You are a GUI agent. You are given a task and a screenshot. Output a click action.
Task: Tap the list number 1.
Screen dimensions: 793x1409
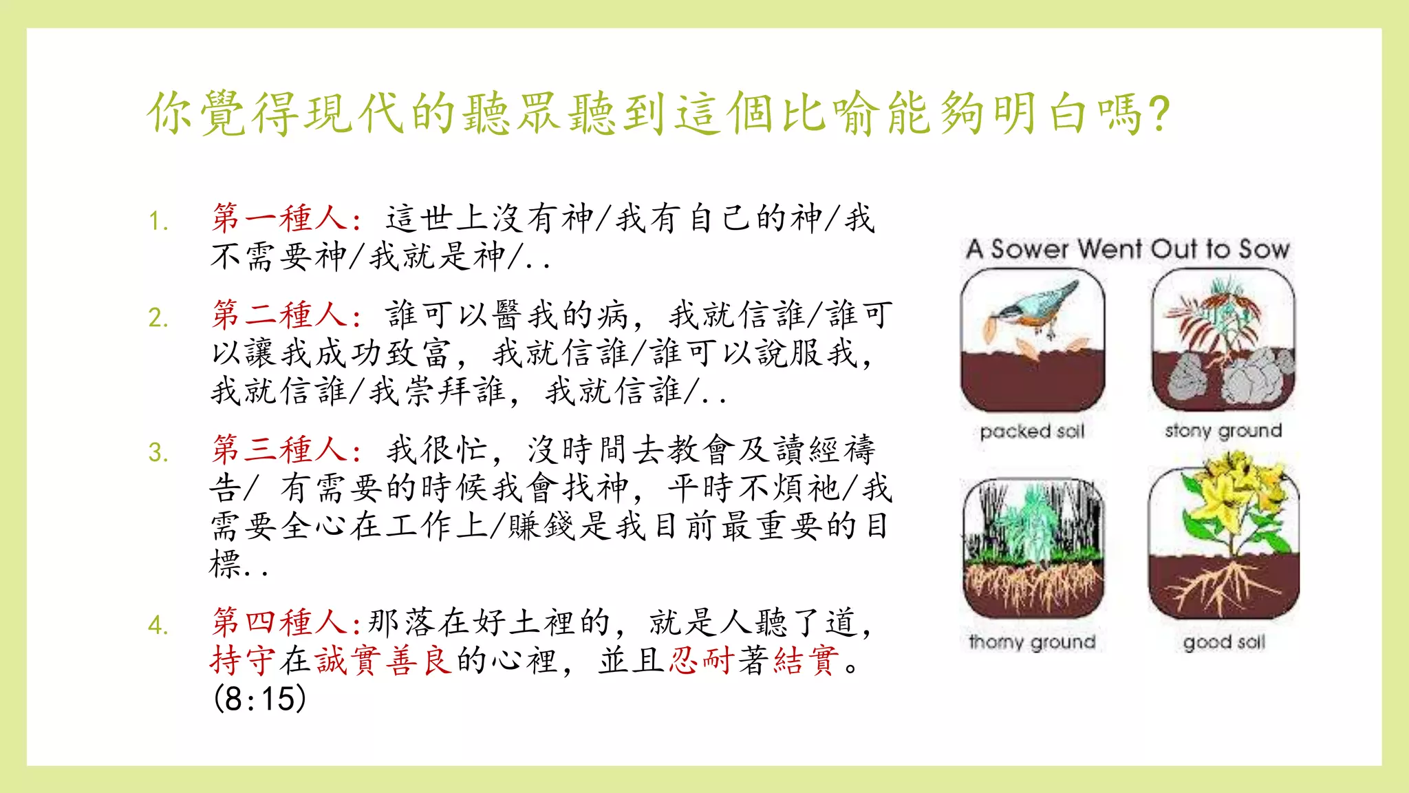158,222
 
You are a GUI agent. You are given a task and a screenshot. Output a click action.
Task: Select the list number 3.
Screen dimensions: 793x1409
158,453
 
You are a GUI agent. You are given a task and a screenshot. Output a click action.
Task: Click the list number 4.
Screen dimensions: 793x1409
158,626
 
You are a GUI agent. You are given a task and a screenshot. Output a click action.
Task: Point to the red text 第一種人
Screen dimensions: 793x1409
279,218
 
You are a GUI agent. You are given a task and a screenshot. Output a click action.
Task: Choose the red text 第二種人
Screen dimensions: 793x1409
279,315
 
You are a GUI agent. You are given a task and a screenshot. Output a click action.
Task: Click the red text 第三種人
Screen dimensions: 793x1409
279,450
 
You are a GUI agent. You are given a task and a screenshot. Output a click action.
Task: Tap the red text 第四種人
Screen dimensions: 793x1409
279,622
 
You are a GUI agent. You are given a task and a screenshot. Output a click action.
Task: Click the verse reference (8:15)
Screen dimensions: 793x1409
259,699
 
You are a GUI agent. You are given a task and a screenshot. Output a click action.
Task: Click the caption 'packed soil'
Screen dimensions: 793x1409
1032,432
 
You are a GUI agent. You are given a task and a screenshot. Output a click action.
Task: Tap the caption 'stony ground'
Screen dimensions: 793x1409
1223,431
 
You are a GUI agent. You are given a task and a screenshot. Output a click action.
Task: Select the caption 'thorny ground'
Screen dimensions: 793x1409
1032,642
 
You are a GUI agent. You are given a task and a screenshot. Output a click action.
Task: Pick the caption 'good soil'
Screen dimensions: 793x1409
1224,642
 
